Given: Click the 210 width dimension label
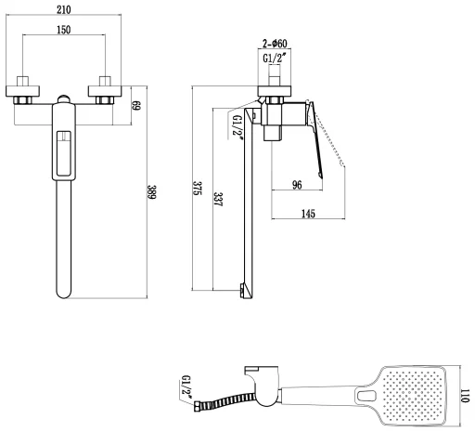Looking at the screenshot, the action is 64,9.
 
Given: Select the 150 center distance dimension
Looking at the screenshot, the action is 64,30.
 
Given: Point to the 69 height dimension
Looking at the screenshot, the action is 136,105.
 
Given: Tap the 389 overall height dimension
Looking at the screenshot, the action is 152,192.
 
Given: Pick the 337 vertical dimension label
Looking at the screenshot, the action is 218,200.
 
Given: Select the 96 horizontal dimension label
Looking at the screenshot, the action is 297,185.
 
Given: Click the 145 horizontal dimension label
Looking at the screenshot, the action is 308,214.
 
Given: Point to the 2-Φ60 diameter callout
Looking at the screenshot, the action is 275,44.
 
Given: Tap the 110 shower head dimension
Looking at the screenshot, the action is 465,396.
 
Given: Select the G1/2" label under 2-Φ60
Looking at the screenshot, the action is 275,58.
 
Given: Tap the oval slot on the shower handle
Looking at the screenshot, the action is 367,396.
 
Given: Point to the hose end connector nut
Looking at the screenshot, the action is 198,406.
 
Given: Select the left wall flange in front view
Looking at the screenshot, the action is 22,91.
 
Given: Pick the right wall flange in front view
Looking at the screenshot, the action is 105,91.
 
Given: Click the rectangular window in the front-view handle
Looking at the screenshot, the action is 64,153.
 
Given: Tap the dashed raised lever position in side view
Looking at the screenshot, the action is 330,141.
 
